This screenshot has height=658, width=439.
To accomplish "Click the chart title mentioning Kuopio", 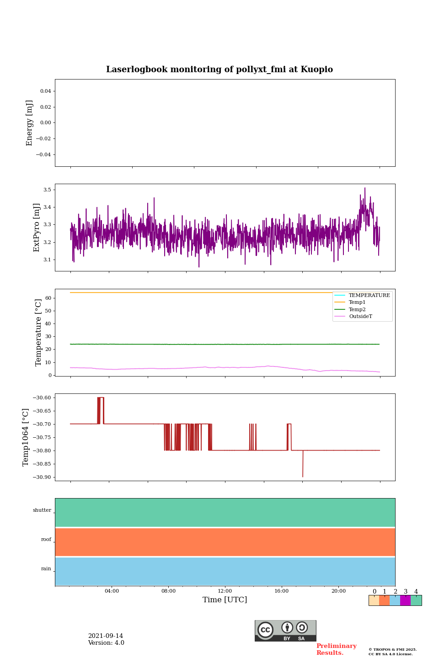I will (x=219, y=69).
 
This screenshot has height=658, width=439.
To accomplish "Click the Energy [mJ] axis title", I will (x=30, y=123).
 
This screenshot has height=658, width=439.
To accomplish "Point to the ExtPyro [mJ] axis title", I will (x=37, y=228).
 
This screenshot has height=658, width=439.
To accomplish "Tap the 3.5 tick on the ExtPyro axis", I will (x=47, y=190).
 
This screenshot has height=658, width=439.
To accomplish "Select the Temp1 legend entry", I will (x=357, y=302).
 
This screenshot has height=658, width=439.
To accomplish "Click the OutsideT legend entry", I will (x=360, y=317).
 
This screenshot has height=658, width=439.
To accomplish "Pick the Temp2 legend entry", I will (x=357, y=309).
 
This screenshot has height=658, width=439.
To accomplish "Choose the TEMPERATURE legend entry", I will (x=369, y=295).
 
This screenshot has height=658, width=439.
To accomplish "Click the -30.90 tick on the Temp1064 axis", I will (x=41, y=477).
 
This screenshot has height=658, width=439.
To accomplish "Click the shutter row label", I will (x=42, y=510).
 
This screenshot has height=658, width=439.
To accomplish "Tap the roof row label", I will (x=46, y=540).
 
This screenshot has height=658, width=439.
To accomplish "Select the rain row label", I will (x=46, y=569).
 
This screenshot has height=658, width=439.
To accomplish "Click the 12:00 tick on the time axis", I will (x=225, y=591).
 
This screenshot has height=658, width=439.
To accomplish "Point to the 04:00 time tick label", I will (x=112, y=591).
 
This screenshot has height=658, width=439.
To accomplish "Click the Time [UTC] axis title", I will (x=225, y=600).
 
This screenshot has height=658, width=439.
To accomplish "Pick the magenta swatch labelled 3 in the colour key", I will (x=405, y=600).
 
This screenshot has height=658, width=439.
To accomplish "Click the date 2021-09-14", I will (x=106, y=636).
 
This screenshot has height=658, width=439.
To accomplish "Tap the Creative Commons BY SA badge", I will (x=285, y=631).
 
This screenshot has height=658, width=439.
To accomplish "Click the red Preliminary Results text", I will (x=336, y=649).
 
